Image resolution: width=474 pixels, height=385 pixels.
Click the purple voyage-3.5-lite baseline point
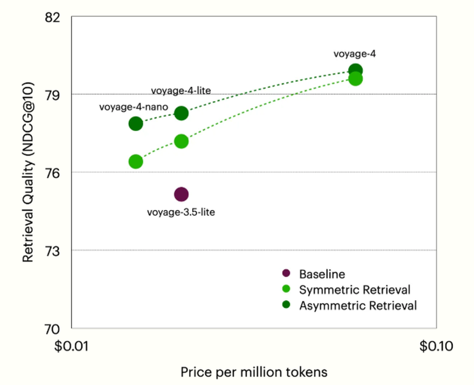181,194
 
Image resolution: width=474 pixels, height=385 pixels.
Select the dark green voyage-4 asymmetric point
355,71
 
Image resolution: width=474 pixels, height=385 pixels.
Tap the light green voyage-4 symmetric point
355,79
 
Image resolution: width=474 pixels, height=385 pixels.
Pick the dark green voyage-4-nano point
136,124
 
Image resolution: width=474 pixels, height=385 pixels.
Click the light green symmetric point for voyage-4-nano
136,161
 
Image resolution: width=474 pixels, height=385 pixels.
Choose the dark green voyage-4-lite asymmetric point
181,113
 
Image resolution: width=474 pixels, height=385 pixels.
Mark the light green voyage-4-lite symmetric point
181,141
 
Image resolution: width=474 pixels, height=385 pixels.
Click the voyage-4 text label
355,54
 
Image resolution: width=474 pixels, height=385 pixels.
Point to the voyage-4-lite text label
181,90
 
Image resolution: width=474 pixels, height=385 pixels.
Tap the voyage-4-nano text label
133,107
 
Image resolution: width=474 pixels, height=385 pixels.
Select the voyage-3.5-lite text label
181,212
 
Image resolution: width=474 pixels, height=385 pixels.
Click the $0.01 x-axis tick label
72,346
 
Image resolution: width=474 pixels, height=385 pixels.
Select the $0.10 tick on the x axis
437,346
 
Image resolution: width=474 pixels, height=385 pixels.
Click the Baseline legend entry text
322,274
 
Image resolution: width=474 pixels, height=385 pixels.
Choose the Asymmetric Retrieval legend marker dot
286,305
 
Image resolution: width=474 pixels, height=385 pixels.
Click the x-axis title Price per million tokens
254,372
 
